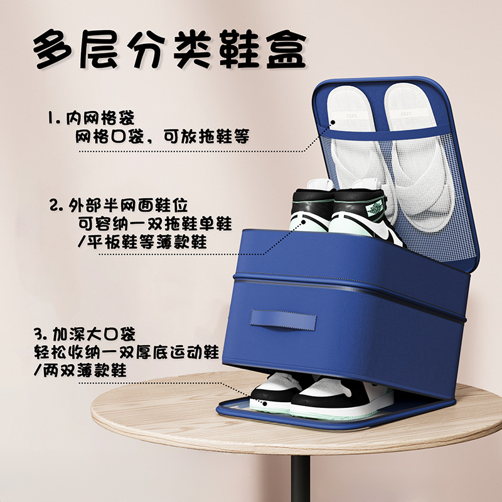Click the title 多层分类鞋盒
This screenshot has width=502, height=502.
169,49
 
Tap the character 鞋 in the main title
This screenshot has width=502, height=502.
239,49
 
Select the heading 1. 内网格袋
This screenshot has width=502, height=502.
91,118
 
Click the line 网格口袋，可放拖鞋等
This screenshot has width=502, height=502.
163,136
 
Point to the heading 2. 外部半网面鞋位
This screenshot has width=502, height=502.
119,205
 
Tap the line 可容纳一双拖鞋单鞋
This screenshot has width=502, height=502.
155,223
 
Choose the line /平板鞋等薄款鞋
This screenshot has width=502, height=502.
142,242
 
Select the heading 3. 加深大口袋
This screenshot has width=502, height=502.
85,334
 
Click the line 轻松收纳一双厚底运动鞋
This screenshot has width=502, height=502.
127,353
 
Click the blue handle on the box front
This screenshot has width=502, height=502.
284,320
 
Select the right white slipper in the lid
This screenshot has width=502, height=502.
419,157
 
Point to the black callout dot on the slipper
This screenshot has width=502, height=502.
333,122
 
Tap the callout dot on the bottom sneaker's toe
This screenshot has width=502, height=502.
265,403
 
